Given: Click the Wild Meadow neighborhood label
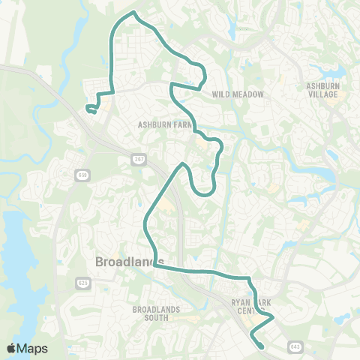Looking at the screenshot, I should point(238,94).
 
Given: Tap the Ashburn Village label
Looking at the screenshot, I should point(323,91).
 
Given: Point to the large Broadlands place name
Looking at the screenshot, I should point(130,262).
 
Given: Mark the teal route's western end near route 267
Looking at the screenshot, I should point(88,109).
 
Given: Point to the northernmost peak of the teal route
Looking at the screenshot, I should point(133,13).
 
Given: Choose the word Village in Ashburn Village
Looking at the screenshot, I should point(323,95).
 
